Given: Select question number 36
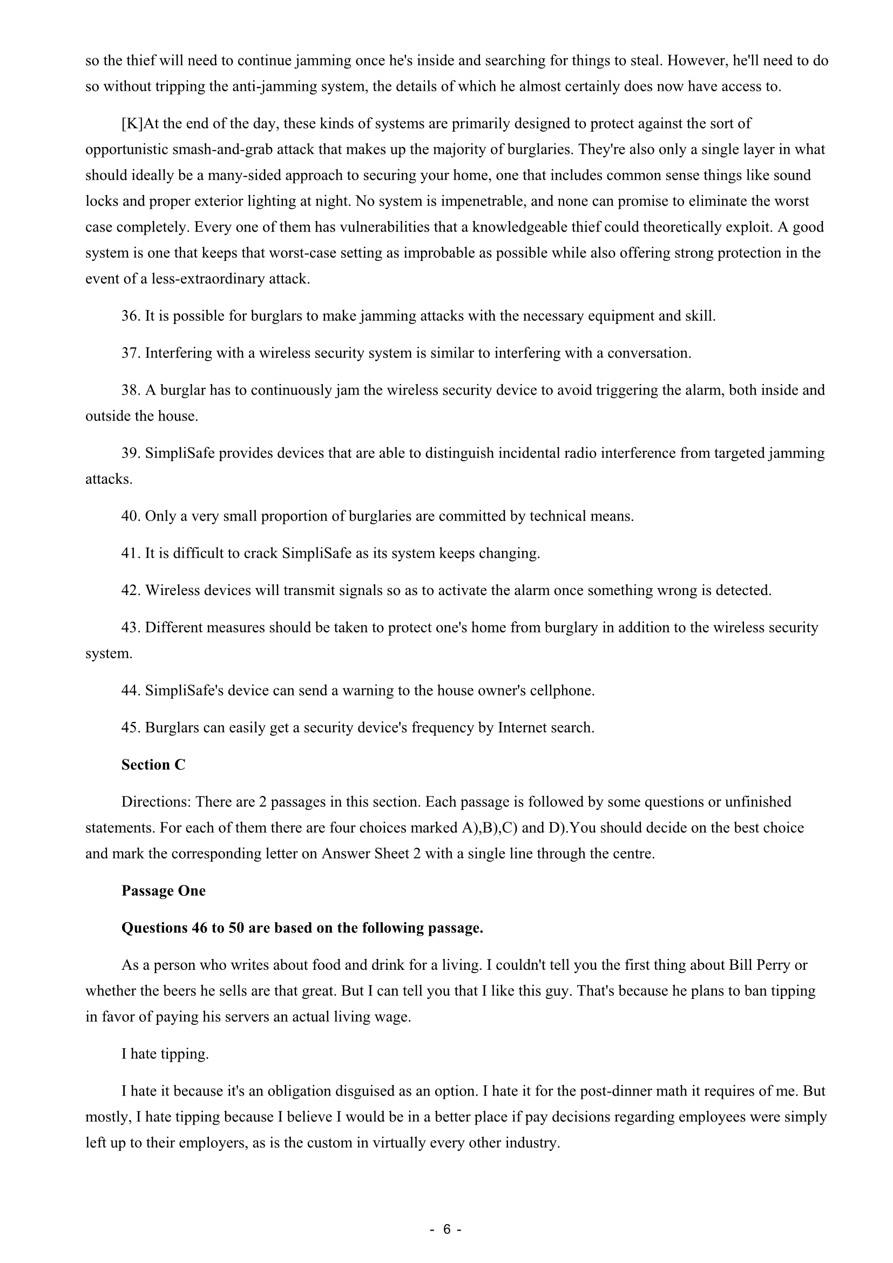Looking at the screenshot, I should [x=131, y=316].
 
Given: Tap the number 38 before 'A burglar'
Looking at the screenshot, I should [x=131, y=390].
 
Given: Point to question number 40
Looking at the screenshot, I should [x=131, y=517].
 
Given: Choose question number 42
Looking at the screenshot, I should [x=131, y=591].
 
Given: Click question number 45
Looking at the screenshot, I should [x=131, y=728].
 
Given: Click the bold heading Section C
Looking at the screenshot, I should [x=153, y=765].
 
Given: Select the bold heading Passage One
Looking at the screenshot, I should [x=163, y=891].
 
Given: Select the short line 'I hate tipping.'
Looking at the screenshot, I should [x=165, y=1054].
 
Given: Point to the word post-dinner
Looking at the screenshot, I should [x=598, y=1091].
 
